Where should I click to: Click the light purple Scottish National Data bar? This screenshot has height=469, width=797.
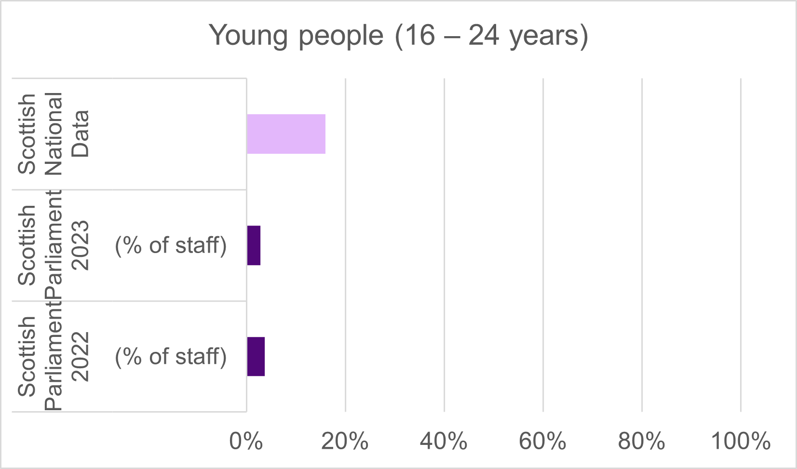(x=286, y=134)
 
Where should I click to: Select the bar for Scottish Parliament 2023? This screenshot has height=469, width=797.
(x=254, y=245)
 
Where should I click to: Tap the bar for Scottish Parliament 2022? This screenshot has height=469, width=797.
(x=256, y=357)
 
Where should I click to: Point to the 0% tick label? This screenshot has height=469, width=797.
(x=246, y=441)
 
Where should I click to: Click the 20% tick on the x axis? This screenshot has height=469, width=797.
(x=345, y=441)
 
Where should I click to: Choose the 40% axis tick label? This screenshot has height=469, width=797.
(x=444, y=441)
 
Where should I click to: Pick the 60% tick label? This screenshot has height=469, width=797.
(x=543, y=441)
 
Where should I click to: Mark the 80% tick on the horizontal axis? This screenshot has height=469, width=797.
(x=642, y=441)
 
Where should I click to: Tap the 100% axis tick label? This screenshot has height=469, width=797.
(x=741, y=441)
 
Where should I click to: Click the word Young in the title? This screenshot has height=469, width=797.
(x=248, y=36)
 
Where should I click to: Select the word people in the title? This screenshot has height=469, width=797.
(x=341, y=36)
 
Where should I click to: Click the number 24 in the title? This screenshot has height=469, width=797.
(x=484, y=36)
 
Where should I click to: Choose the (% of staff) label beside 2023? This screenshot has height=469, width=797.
(x=171, y=245)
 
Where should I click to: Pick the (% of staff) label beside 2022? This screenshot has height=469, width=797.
(x=171, y=357)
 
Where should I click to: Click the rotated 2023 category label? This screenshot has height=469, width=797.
(x=80, y=245)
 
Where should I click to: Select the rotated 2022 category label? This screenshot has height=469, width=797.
(x=80, y=357)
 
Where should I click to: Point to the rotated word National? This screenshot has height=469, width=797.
(x=54, y=134)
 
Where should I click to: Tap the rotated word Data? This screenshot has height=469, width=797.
(x=80, y=134)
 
